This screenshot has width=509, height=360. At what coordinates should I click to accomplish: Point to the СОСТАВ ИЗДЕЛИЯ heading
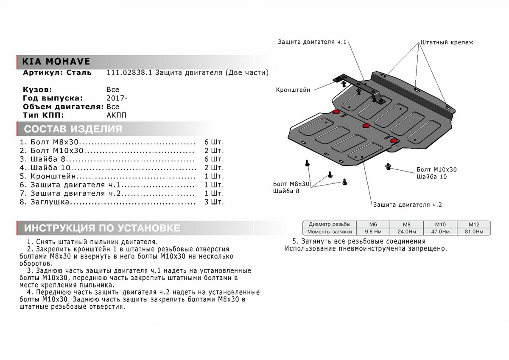pos(73,129)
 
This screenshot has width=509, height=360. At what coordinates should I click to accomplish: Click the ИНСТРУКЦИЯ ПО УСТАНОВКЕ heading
pos(102,228)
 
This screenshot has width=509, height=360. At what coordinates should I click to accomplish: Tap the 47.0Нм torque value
pos(440,232)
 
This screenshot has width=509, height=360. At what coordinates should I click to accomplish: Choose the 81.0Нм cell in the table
pos(473,232)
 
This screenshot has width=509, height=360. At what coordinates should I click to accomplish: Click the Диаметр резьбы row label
pos(330,224)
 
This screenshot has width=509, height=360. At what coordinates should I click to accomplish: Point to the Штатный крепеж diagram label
pos(446,42)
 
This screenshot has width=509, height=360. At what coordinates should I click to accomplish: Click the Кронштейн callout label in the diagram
pos(293,90)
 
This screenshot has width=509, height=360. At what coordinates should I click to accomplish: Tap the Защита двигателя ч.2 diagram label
pos(408,205)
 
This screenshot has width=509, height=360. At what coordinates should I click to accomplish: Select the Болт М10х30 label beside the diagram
pos(437,169)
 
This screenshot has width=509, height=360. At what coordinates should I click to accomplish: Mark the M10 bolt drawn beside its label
pos(388,166)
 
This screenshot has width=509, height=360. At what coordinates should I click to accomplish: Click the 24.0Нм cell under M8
pos(406,232)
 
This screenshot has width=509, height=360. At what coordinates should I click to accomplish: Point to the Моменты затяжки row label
pos(330,232)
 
